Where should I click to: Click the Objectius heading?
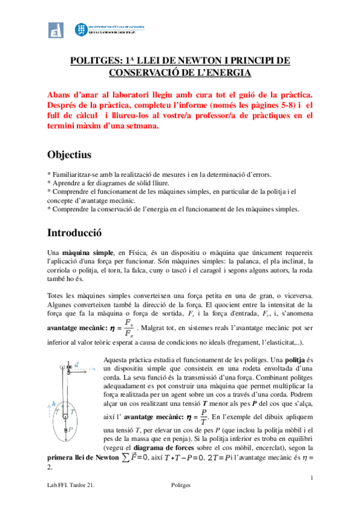69,155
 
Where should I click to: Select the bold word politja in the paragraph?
291,359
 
